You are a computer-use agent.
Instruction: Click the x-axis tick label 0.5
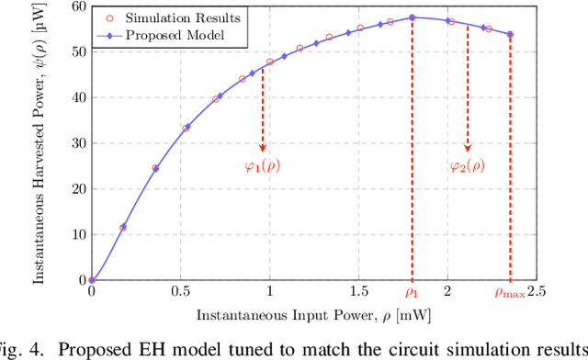pos(180,292)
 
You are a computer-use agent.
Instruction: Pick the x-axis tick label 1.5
pos(358,292)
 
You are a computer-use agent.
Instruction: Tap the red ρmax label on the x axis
pos(510,293)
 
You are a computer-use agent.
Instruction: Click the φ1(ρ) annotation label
pos(262,166)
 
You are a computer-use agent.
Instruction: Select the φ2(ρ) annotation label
pos(468,166)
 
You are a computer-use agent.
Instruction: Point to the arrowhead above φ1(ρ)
pos(262,148)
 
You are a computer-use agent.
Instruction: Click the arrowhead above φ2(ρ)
pos(468,148)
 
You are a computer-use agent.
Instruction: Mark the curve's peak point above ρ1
pos(413,17)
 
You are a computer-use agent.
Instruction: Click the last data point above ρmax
pos(510,35)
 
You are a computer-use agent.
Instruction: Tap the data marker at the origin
pos(91,280)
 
